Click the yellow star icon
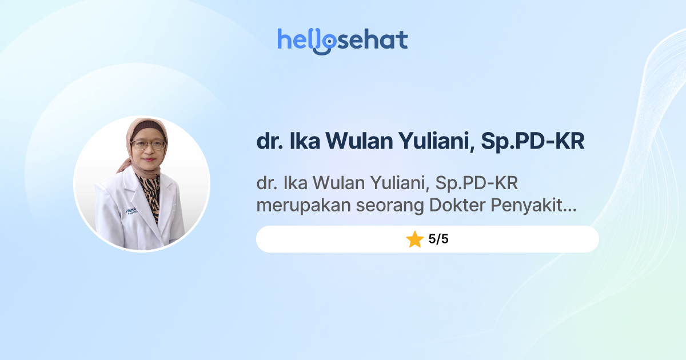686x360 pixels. pyautogui.click(x=414, y=239)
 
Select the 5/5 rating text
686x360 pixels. pyautogui.click(x=438, y=239)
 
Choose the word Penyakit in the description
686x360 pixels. pyautogui.click(x=532, y=206)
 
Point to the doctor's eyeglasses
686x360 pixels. pyautogui.click(x=148, y=145)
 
